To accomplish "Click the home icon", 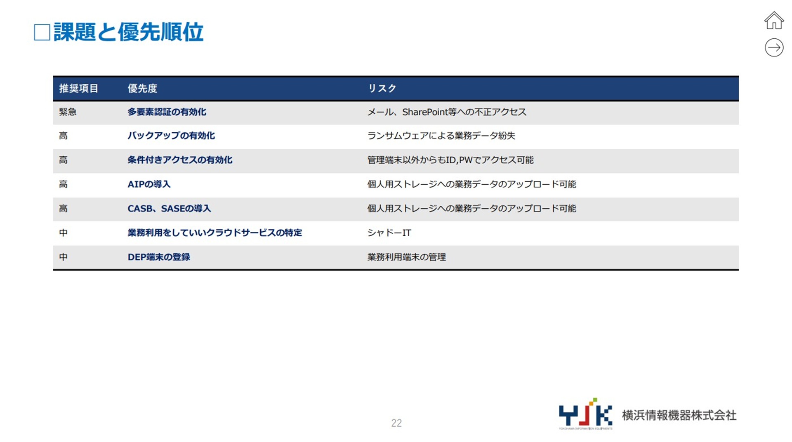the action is [x=774, y=21].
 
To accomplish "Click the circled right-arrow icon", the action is [x=774, y=47].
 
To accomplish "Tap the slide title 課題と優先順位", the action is [x=128, y=32].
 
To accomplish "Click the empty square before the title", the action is [x=42, y=32].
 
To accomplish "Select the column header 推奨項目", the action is [x=78, y=88].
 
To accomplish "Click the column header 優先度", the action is [x=142, y=88].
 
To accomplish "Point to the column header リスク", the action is [x=382, y=88].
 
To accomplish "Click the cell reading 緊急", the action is [x=68, y=112].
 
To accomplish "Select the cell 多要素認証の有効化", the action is [x=167, y=112].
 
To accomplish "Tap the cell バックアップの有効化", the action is [x=171, y=136].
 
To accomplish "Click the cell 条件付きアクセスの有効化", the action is [x=180, y=160].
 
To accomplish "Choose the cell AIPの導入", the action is [x=149, y=184].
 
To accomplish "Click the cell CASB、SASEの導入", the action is [x=169, y=208].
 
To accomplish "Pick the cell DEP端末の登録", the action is [x=159, y=257].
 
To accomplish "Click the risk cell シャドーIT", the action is [x=389, y=233].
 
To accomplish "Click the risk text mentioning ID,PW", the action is [x=450, y=160].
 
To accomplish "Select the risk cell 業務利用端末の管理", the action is [x=407, y=257].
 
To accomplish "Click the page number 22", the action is [x=396, y=423].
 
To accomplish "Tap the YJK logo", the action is [x=585, y=414].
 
